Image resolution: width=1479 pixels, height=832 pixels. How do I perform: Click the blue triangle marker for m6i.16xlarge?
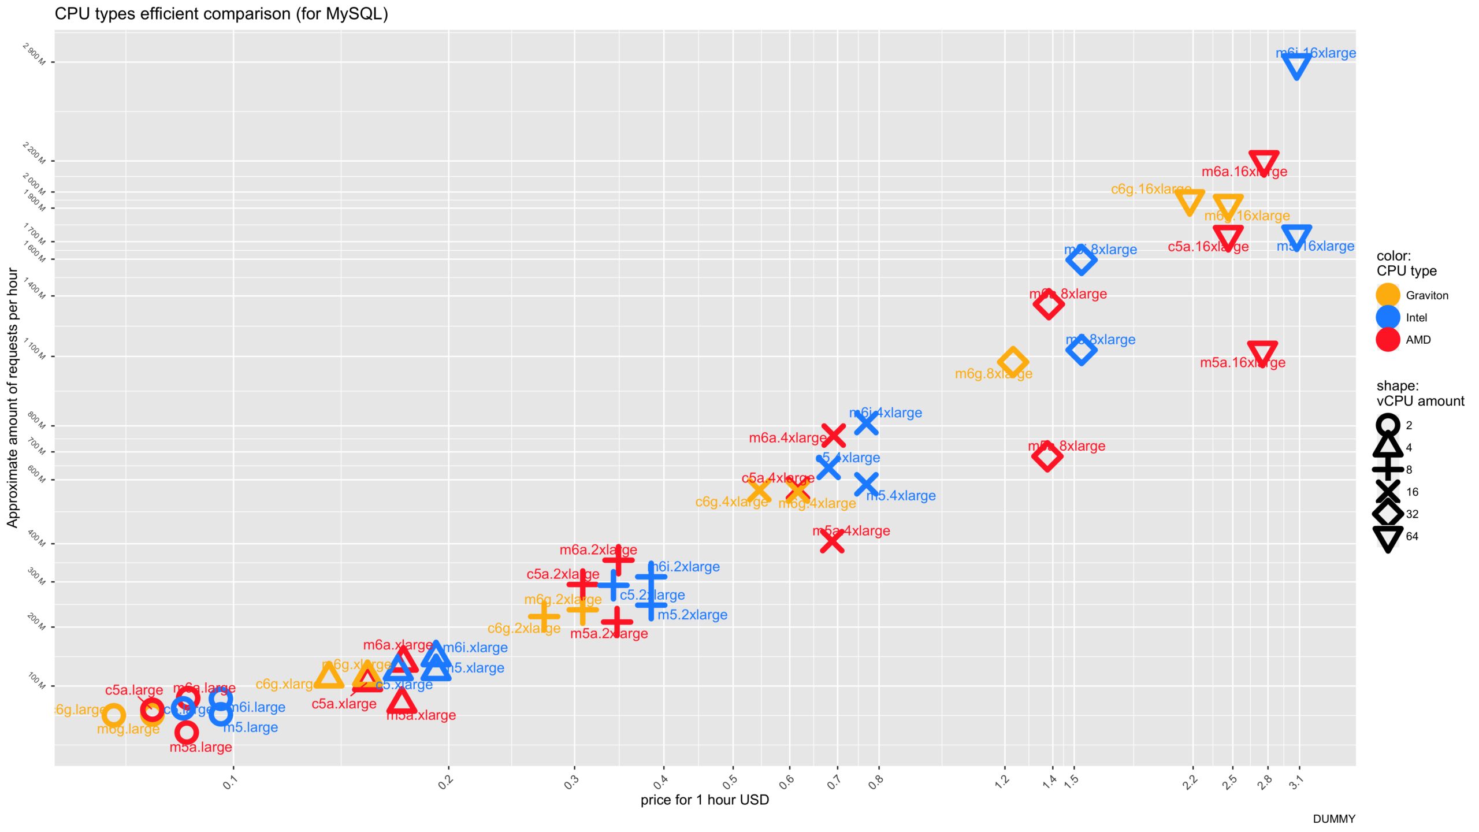click(1296, 66)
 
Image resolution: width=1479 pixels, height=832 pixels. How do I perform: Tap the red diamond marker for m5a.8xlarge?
click(1046, 456)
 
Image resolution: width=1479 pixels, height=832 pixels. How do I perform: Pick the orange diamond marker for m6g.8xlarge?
click(1012, 362)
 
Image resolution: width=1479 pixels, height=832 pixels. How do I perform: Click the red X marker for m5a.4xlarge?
click(832, 541)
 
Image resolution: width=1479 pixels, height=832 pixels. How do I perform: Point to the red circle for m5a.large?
click(186, 732)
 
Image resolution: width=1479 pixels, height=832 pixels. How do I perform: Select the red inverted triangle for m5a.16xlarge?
click(1262, 353)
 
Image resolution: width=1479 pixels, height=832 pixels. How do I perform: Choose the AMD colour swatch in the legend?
click(1388, 340)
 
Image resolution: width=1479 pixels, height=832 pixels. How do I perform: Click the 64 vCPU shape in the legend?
click(1388, 537)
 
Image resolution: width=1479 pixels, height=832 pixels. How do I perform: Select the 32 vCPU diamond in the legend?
click(1388, 514)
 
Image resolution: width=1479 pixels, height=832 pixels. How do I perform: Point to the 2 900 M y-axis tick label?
click(35, 54)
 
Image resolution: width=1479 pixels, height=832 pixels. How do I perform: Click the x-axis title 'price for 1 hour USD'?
click(704, 800)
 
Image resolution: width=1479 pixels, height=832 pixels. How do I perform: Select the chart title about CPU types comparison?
click(221, 14)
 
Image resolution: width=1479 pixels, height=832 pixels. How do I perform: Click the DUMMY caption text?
click(1333, 819)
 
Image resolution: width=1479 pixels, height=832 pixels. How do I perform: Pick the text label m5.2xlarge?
click(692, 615)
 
